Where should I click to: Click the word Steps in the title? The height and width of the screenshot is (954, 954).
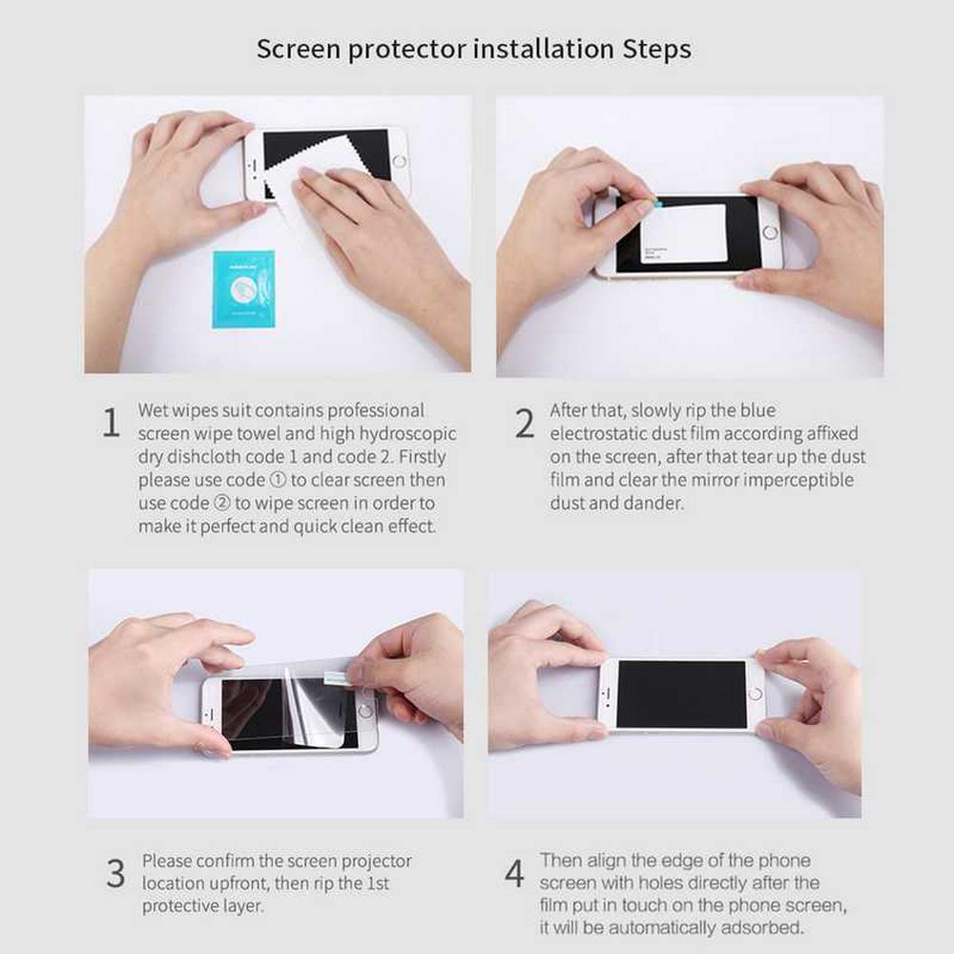pyautogui.click(x=656, y=50)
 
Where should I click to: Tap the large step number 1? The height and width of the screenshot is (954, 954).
pyautogui.click(x=111, y=423)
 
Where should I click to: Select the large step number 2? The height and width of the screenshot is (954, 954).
pyautogui.click(x=525, y=424)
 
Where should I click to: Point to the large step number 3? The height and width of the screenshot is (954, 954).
pyautogui.click(x=115, y=874)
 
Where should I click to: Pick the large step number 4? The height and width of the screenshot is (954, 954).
pyautogui.click(x=514, y=873)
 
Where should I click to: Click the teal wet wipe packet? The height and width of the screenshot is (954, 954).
pyautogui.click(x=243, y=290)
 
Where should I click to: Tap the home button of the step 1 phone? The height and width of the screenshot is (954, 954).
pyautogui.click(x=399, y=162)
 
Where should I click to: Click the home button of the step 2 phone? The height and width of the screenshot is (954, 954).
pyautogui.click(x=770, y=233)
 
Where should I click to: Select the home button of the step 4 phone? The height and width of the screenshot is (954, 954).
pyautogui.click(x=755, y=694)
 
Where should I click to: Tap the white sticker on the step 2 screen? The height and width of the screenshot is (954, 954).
pyautogui.click(x=683, y=234)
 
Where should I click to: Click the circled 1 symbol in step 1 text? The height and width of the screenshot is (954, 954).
pyautogui.click(x=278, y=480)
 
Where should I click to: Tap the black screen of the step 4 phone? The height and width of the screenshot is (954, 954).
pyautogui.click(x=681, y=695)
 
